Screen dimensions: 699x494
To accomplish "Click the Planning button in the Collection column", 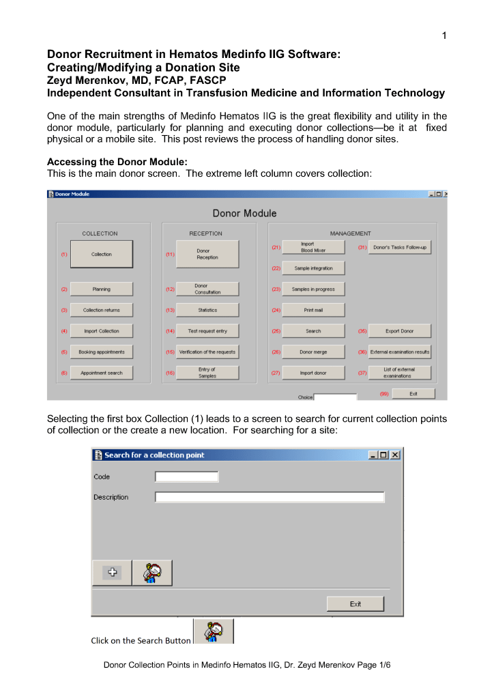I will (101, 289).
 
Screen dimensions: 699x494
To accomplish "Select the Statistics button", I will (207, 310).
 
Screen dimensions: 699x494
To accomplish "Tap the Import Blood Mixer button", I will (313, 247).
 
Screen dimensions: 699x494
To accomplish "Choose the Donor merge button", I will (313, 352).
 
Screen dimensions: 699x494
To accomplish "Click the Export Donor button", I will (400, 331).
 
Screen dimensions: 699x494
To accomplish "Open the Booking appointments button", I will (101, 352).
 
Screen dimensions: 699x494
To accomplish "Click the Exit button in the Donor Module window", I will (413, 394).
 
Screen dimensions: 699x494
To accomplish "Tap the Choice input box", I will (335, 397).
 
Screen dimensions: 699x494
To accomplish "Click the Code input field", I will (186, 476).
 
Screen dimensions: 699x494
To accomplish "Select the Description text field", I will (269, 497).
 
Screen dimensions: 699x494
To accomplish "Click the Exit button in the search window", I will (355, 603).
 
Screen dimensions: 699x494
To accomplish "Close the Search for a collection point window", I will (396, 455).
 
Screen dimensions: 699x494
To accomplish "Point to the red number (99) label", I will (385, 394).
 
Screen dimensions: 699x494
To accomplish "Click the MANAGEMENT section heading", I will (350, 233).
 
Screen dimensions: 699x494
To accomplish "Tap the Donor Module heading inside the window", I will (244, 214).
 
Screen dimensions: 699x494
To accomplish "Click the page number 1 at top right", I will (444, 36).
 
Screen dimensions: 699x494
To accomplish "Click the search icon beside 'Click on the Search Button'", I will (213, 631).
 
